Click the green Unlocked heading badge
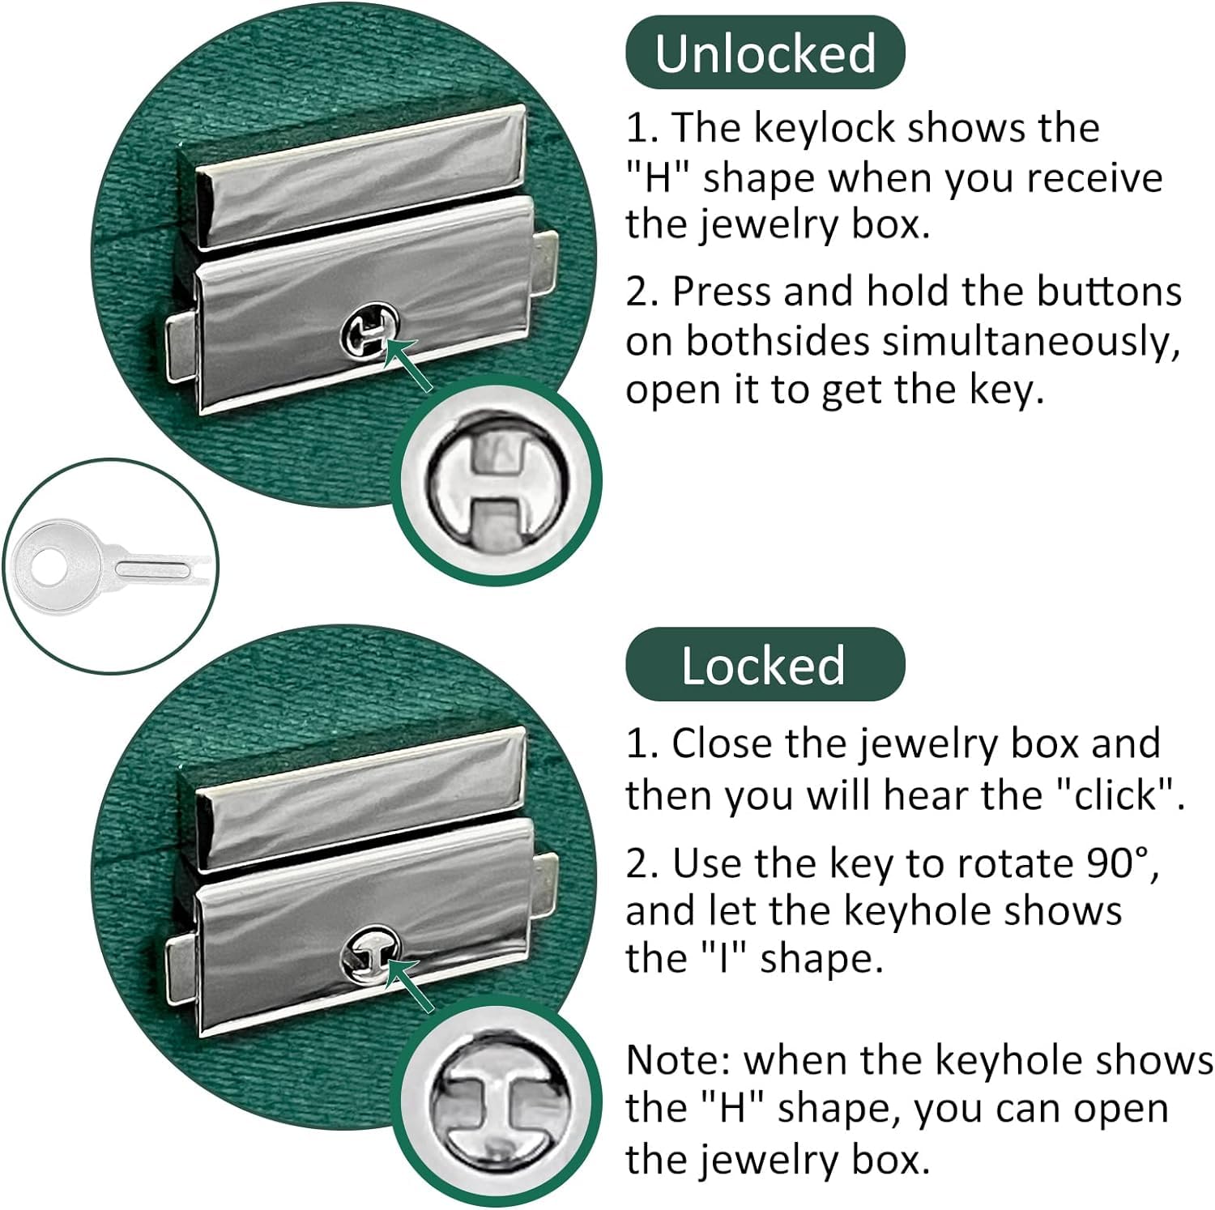pyautogui.click(x=765, y=53)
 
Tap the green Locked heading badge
pyautogui.click(x=765, y=665)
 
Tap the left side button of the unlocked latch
pyautogui.click(x=182, y=349)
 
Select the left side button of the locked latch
pyautogui.click(x=182, y=969)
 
